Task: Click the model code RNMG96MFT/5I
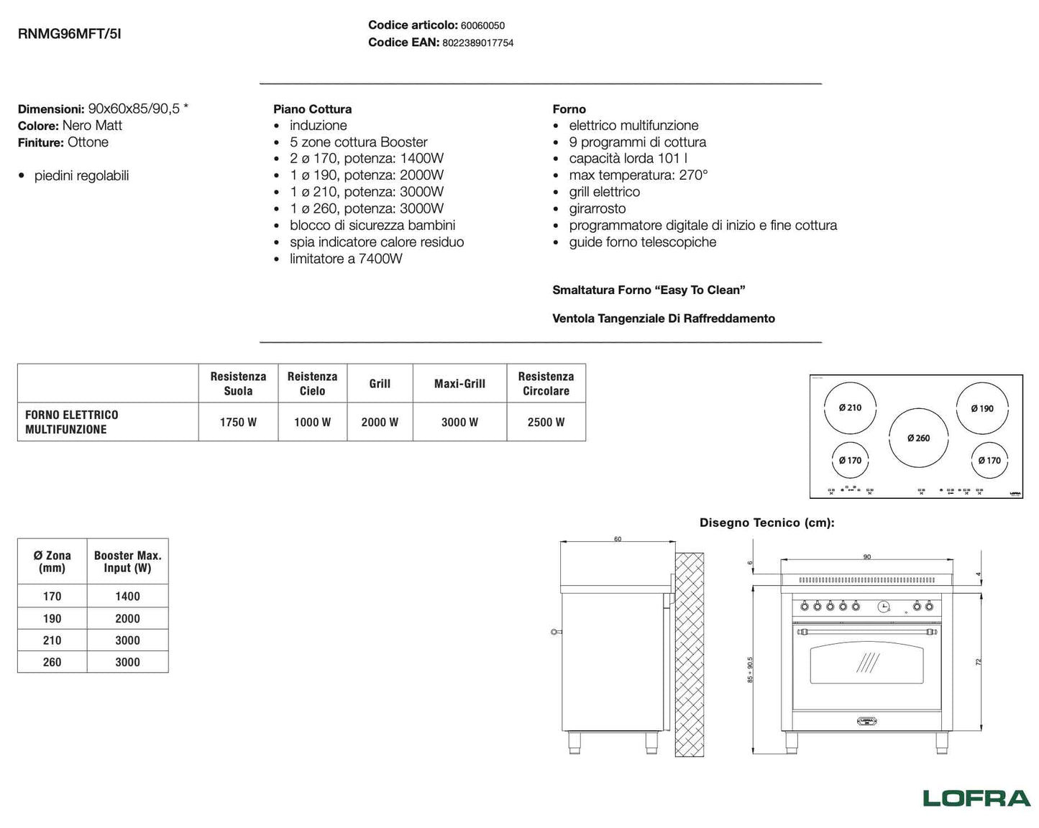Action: (x=69, y=33)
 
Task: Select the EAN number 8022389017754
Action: (x=477, y=43)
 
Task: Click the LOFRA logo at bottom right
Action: (x=976, y=798)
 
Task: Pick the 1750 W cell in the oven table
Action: (x=238, y=422)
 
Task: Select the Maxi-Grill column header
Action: (x=459, y=384)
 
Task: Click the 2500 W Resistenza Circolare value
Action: (x=546, y=422)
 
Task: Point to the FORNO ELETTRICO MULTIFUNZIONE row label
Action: (x=72, y=422)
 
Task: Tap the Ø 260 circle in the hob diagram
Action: (x=918, y=438)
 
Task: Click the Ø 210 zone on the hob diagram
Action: (x=850, y=408)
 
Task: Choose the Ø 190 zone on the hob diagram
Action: (x=981, y=408)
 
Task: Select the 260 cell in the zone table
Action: (x=52, y=662)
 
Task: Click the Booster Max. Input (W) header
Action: (x=127, y=561)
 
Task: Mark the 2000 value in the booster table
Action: (x=127, y=618)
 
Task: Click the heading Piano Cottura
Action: (x=312, y=109)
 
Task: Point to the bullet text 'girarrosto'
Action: (x=598, y=208)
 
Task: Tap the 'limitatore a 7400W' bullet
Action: (x=346, y=259)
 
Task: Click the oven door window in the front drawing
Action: (x=866, y=663)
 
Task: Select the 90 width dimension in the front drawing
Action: (x=866, y=557)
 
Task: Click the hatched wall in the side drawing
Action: (x=689, y=654)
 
